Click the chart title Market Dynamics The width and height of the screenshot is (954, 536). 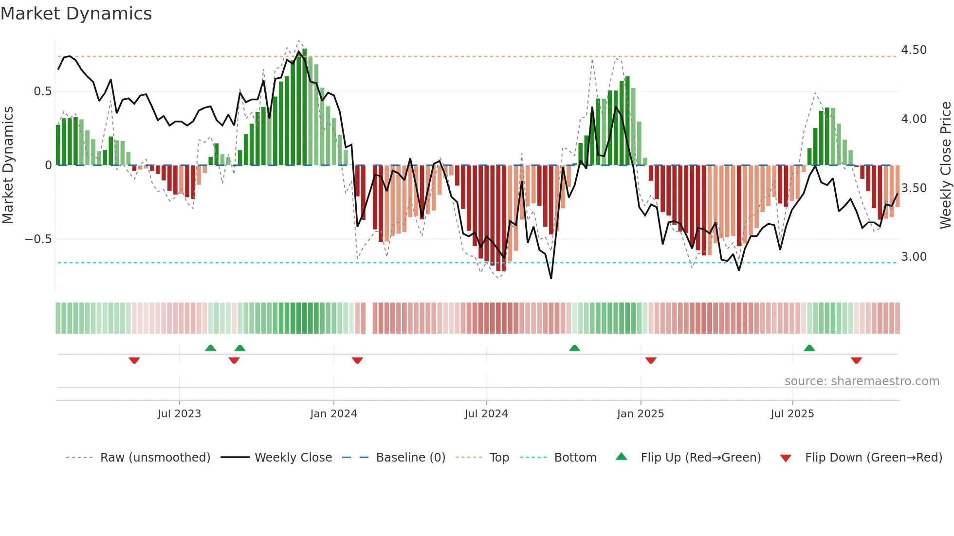(x=76, y=14)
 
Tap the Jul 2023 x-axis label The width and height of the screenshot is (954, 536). (x=179, y=414)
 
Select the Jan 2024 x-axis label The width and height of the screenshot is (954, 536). (x=333, y=414)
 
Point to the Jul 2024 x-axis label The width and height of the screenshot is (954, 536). (x=486, y=414)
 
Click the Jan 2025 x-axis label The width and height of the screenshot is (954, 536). (x=640, y=414)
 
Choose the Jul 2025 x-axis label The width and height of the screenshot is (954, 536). (x=792, y=414)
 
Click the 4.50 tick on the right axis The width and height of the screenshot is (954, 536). (x=914, y=50)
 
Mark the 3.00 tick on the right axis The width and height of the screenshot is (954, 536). (x=914, y=257)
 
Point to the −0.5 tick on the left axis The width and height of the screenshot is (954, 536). (x=38, y=239)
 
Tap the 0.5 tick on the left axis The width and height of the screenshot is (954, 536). (x=42, y=91)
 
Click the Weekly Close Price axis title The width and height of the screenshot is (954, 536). (x=945, y=165)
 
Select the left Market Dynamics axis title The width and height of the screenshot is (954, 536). (x=8, y=165)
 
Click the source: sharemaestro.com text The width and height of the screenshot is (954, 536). (x=862, y=381)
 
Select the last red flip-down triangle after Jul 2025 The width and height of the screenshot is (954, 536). (x=856, y=360)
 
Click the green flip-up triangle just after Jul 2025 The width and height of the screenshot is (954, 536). (x=809, y=348)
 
